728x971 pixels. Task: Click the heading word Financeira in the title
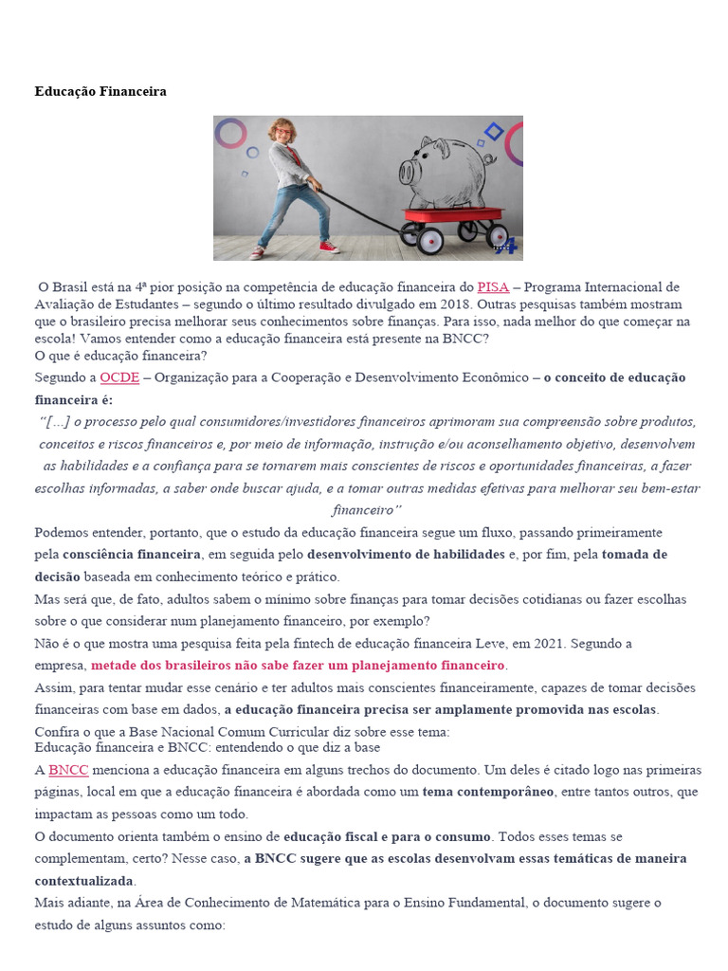133,92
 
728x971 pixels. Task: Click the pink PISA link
493,286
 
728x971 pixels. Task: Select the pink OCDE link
118,377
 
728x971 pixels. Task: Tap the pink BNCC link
67,770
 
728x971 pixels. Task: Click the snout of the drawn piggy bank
409,172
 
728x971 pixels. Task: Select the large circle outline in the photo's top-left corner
229,133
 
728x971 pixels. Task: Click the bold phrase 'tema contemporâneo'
487,792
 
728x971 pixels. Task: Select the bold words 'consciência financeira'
132,554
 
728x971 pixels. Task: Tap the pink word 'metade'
114,666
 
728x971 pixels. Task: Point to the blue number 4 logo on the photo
509,246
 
